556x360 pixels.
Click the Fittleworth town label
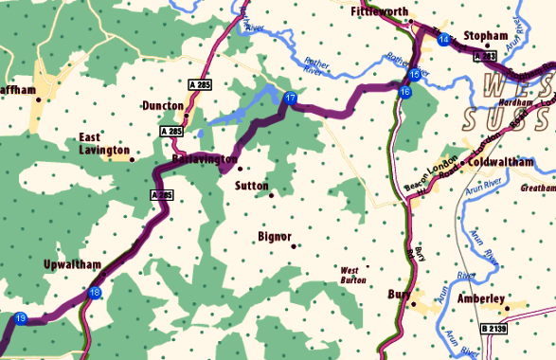click(379, 12)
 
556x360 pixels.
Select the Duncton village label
click(163, 106)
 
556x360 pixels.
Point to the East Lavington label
click(104, 143)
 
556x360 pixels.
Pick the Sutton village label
click(252, 186)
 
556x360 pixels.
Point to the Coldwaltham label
click(514, 161)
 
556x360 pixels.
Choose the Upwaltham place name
click(72, 264)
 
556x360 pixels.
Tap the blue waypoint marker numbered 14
click(444, 39)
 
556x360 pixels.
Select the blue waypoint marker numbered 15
click(414, 75)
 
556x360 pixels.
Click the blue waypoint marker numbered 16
click(404, 92)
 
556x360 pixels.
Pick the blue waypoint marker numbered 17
click(291, 99)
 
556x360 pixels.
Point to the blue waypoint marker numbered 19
click(21, 318)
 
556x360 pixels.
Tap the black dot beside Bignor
click(294, 246)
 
